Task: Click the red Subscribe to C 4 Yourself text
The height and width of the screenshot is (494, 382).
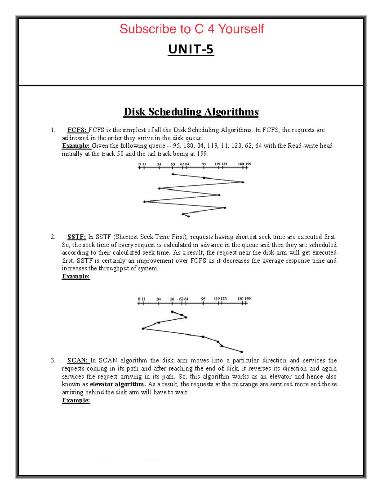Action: click(x=192, y=29)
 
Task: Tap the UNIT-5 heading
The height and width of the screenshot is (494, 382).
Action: click(x=191, y=49)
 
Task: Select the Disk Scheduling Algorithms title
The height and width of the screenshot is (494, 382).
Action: click(x=191, y=112)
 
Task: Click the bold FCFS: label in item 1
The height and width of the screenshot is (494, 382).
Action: click(x=77, y=130)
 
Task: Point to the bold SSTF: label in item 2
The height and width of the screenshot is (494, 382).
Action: click(x=76, y=237)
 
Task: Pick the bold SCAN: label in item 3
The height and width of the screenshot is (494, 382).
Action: click(x=77, y=360)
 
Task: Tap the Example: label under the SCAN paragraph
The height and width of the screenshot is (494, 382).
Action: click(x=76, y=400)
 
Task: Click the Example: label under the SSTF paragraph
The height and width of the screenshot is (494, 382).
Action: click(x=76, y=276)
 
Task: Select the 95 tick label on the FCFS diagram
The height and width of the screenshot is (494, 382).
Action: click(x=204, y=164)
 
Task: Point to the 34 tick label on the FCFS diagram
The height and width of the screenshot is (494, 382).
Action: click(x=159, y=164)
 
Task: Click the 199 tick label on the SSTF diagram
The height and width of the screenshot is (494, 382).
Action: click(x=248, y=299)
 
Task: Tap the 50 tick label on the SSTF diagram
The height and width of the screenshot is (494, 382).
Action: click(x=172, y=299)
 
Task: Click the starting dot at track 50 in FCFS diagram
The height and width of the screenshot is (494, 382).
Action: click(x=173, y=174)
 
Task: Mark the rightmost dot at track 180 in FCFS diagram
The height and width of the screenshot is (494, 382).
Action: click(x=243, y=182)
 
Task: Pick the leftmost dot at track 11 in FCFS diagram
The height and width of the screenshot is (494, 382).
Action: click(x=145, y=202)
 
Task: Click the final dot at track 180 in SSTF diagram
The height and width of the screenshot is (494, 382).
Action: click(x=242, y=352)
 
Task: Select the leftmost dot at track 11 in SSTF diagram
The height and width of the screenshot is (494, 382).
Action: click(x=143, y=329)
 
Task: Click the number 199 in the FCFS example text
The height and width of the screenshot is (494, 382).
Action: click(x=202, y=154)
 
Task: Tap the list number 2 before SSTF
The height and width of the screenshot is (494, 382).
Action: click(x=53, y=237)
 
